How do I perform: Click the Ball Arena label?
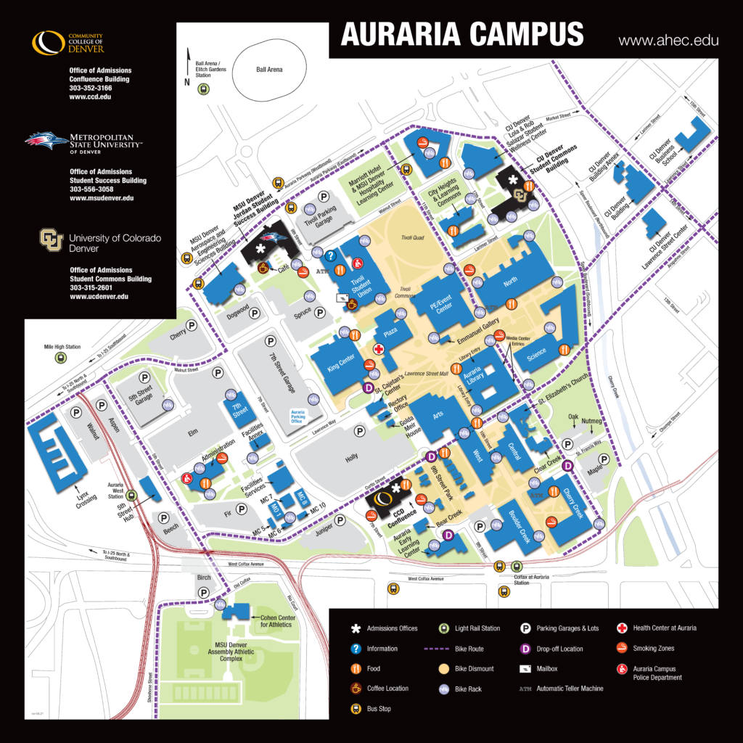[x=269, y=70]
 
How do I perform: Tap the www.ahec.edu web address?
[x=668, y=41]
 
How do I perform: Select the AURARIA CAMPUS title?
[x=462, y=34]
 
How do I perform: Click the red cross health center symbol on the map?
[x=378, y=349]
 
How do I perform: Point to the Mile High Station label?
[x=62, y=347]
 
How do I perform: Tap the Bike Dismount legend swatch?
[x=444, y=668]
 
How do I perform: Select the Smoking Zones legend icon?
[x=621, y=648]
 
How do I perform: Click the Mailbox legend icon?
[x=524, y=668]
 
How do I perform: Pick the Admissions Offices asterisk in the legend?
[x=356, y=628]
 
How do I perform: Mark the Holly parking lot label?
[x=353, y=459]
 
